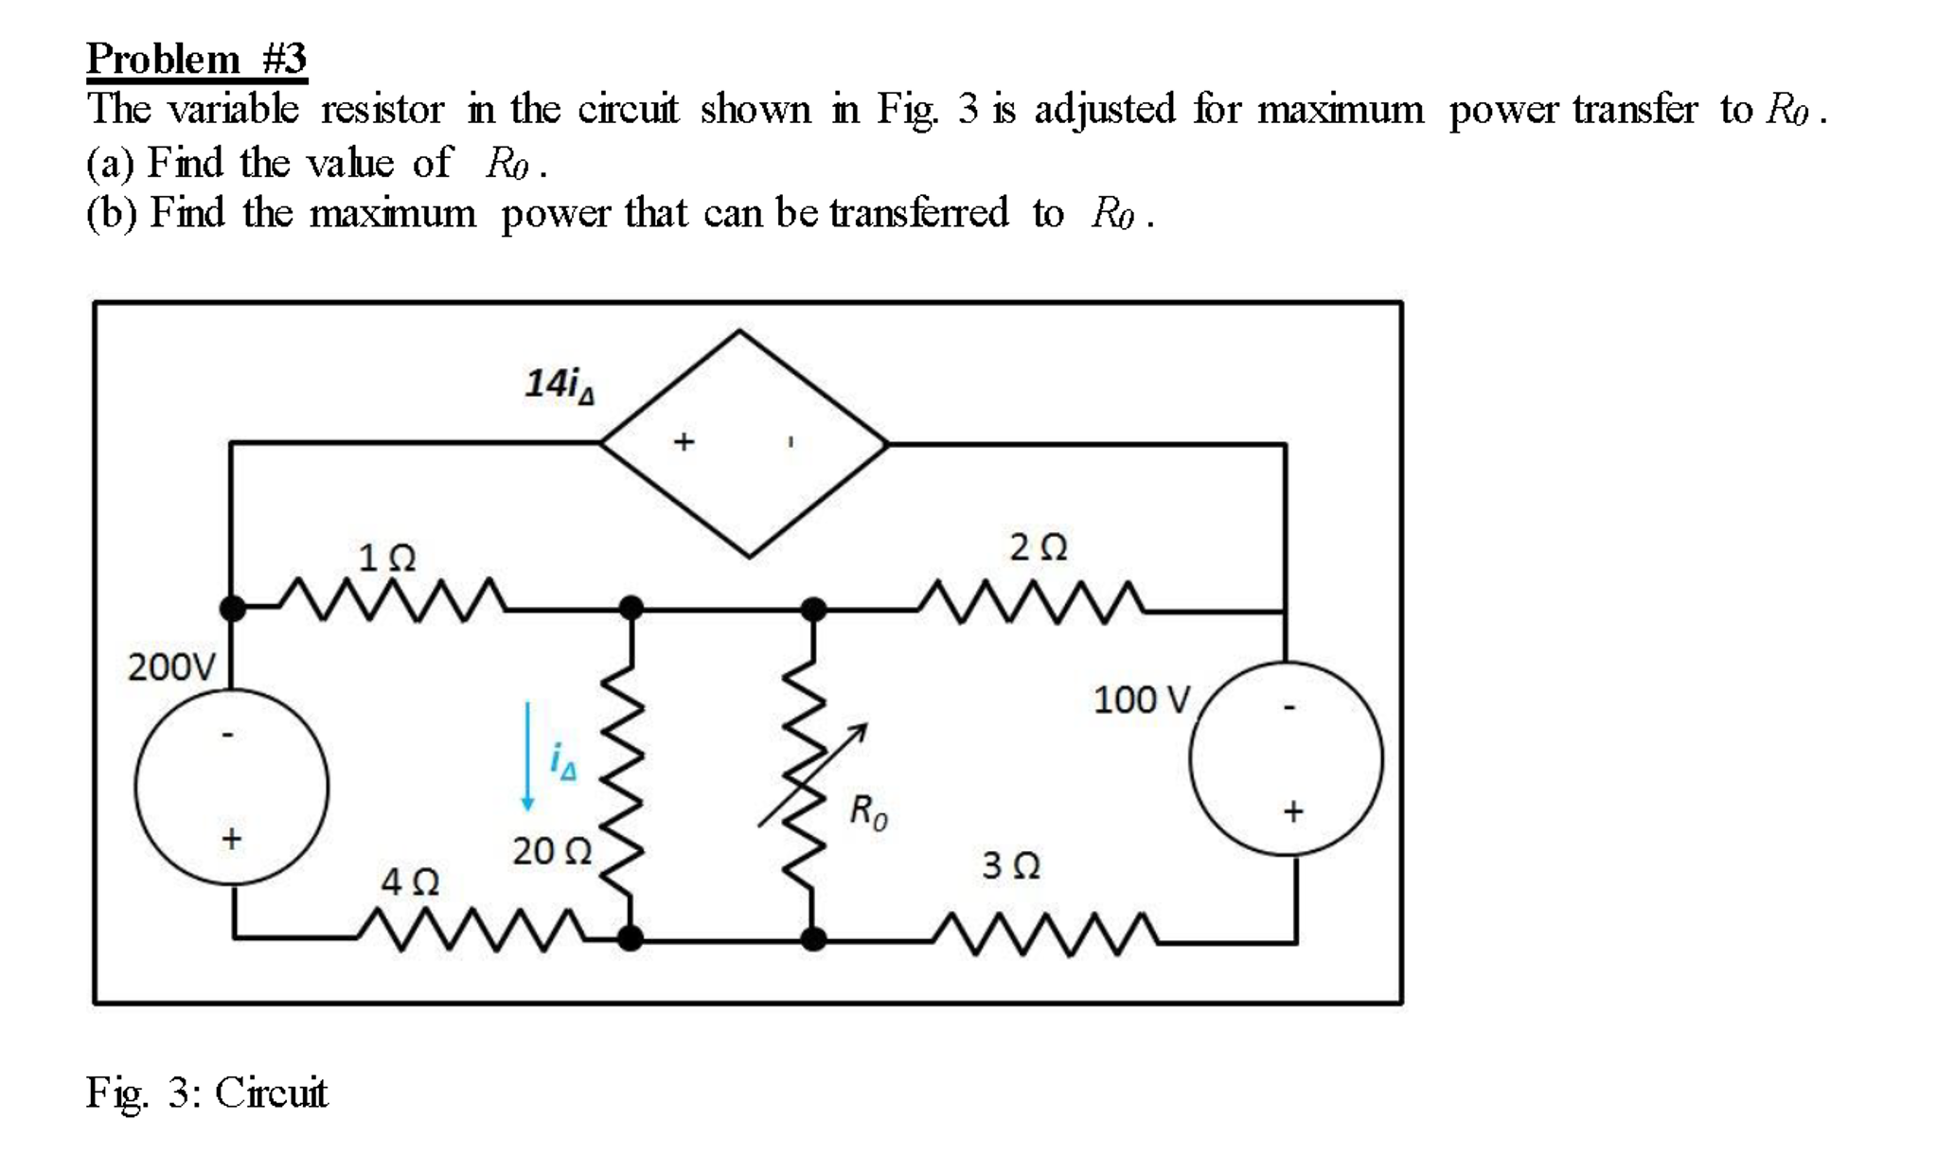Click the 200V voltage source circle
(232, 787)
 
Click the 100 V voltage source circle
(1286, 758)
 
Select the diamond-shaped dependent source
(744, 443)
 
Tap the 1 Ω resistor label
(387, 558)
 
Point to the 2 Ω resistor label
(1039, 547)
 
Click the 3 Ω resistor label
(1011, 865)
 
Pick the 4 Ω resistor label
(410, 882)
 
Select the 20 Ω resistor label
(552, 851)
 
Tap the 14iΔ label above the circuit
(560, 383)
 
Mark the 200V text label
(172, 667)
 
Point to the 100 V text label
(1142, 701)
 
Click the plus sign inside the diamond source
(684, 441)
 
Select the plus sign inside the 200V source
(232, 839)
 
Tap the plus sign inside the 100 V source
(1293, 811)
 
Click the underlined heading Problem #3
(197, 59)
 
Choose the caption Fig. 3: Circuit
(206, 1093)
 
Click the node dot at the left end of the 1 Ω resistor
(233, 608)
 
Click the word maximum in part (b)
(393, 213)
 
